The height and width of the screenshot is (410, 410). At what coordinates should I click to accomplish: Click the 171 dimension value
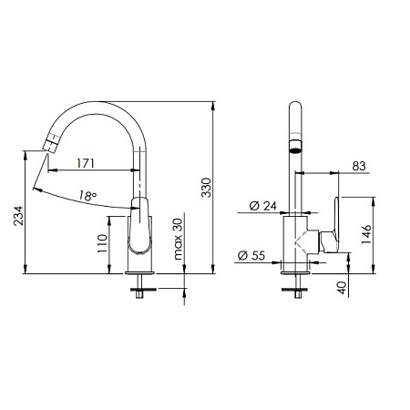[87, 163]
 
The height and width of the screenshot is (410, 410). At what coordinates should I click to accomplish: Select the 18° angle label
[87, 195]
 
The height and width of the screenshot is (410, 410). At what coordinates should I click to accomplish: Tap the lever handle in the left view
[139, 228]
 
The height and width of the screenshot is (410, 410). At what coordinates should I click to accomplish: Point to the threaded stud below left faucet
[138, 290]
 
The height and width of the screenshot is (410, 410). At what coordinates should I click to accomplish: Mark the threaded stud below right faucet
[297, 290]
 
